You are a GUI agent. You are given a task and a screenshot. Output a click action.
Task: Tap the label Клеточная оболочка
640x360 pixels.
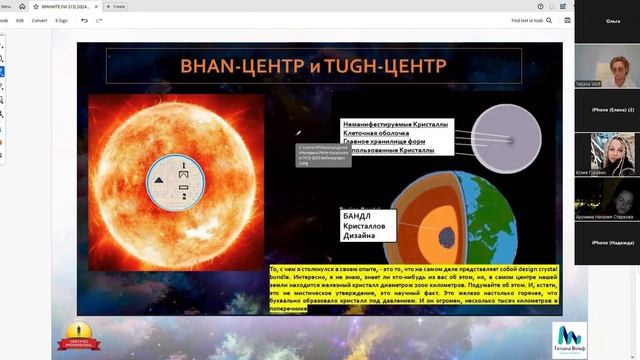pyautogui.click(x=378, y=133)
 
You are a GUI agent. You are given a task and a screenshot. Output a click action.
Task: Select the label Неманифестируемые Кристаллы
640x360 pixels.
pyautogui.click(x=396, y=124)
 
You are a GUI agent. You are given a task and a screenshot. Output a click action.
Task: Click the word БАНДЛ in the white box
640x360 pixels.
pyautogui.click(x=359, y=217)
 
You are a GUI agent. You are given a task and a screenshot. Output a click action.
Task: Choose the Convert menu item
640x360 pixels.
pyautogui.click(x=39, y=20)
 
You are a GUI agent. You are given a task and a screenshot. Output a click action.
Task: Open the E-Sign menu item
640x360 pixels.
pyautogui.click(x=62, y=20)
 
